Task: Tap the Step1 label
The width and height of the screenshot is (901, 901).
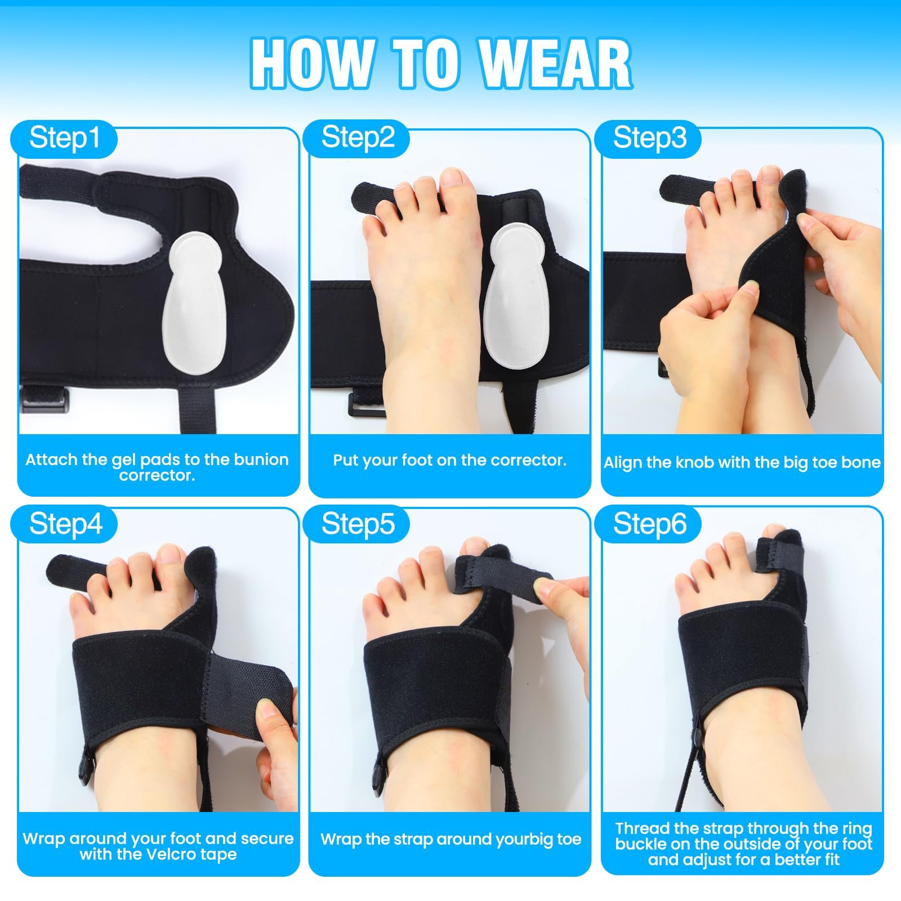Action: (x=65, y=138)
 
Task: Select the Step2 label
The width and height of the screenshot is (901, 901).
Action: (x=358, y=138)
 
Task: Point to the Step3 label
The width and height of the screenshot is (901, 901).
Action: (x=650, y=138)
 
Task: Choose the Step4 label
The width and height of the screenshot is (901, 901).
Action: (x=66, y=524)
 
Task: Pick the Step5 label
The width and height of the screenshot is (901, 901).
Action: (x=358, y=524)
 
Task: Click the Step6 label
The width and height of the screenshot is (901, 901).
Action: (x=650, y=524)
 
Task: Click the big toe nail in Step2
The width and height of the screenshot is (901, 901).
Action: (x=455, y=177)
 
